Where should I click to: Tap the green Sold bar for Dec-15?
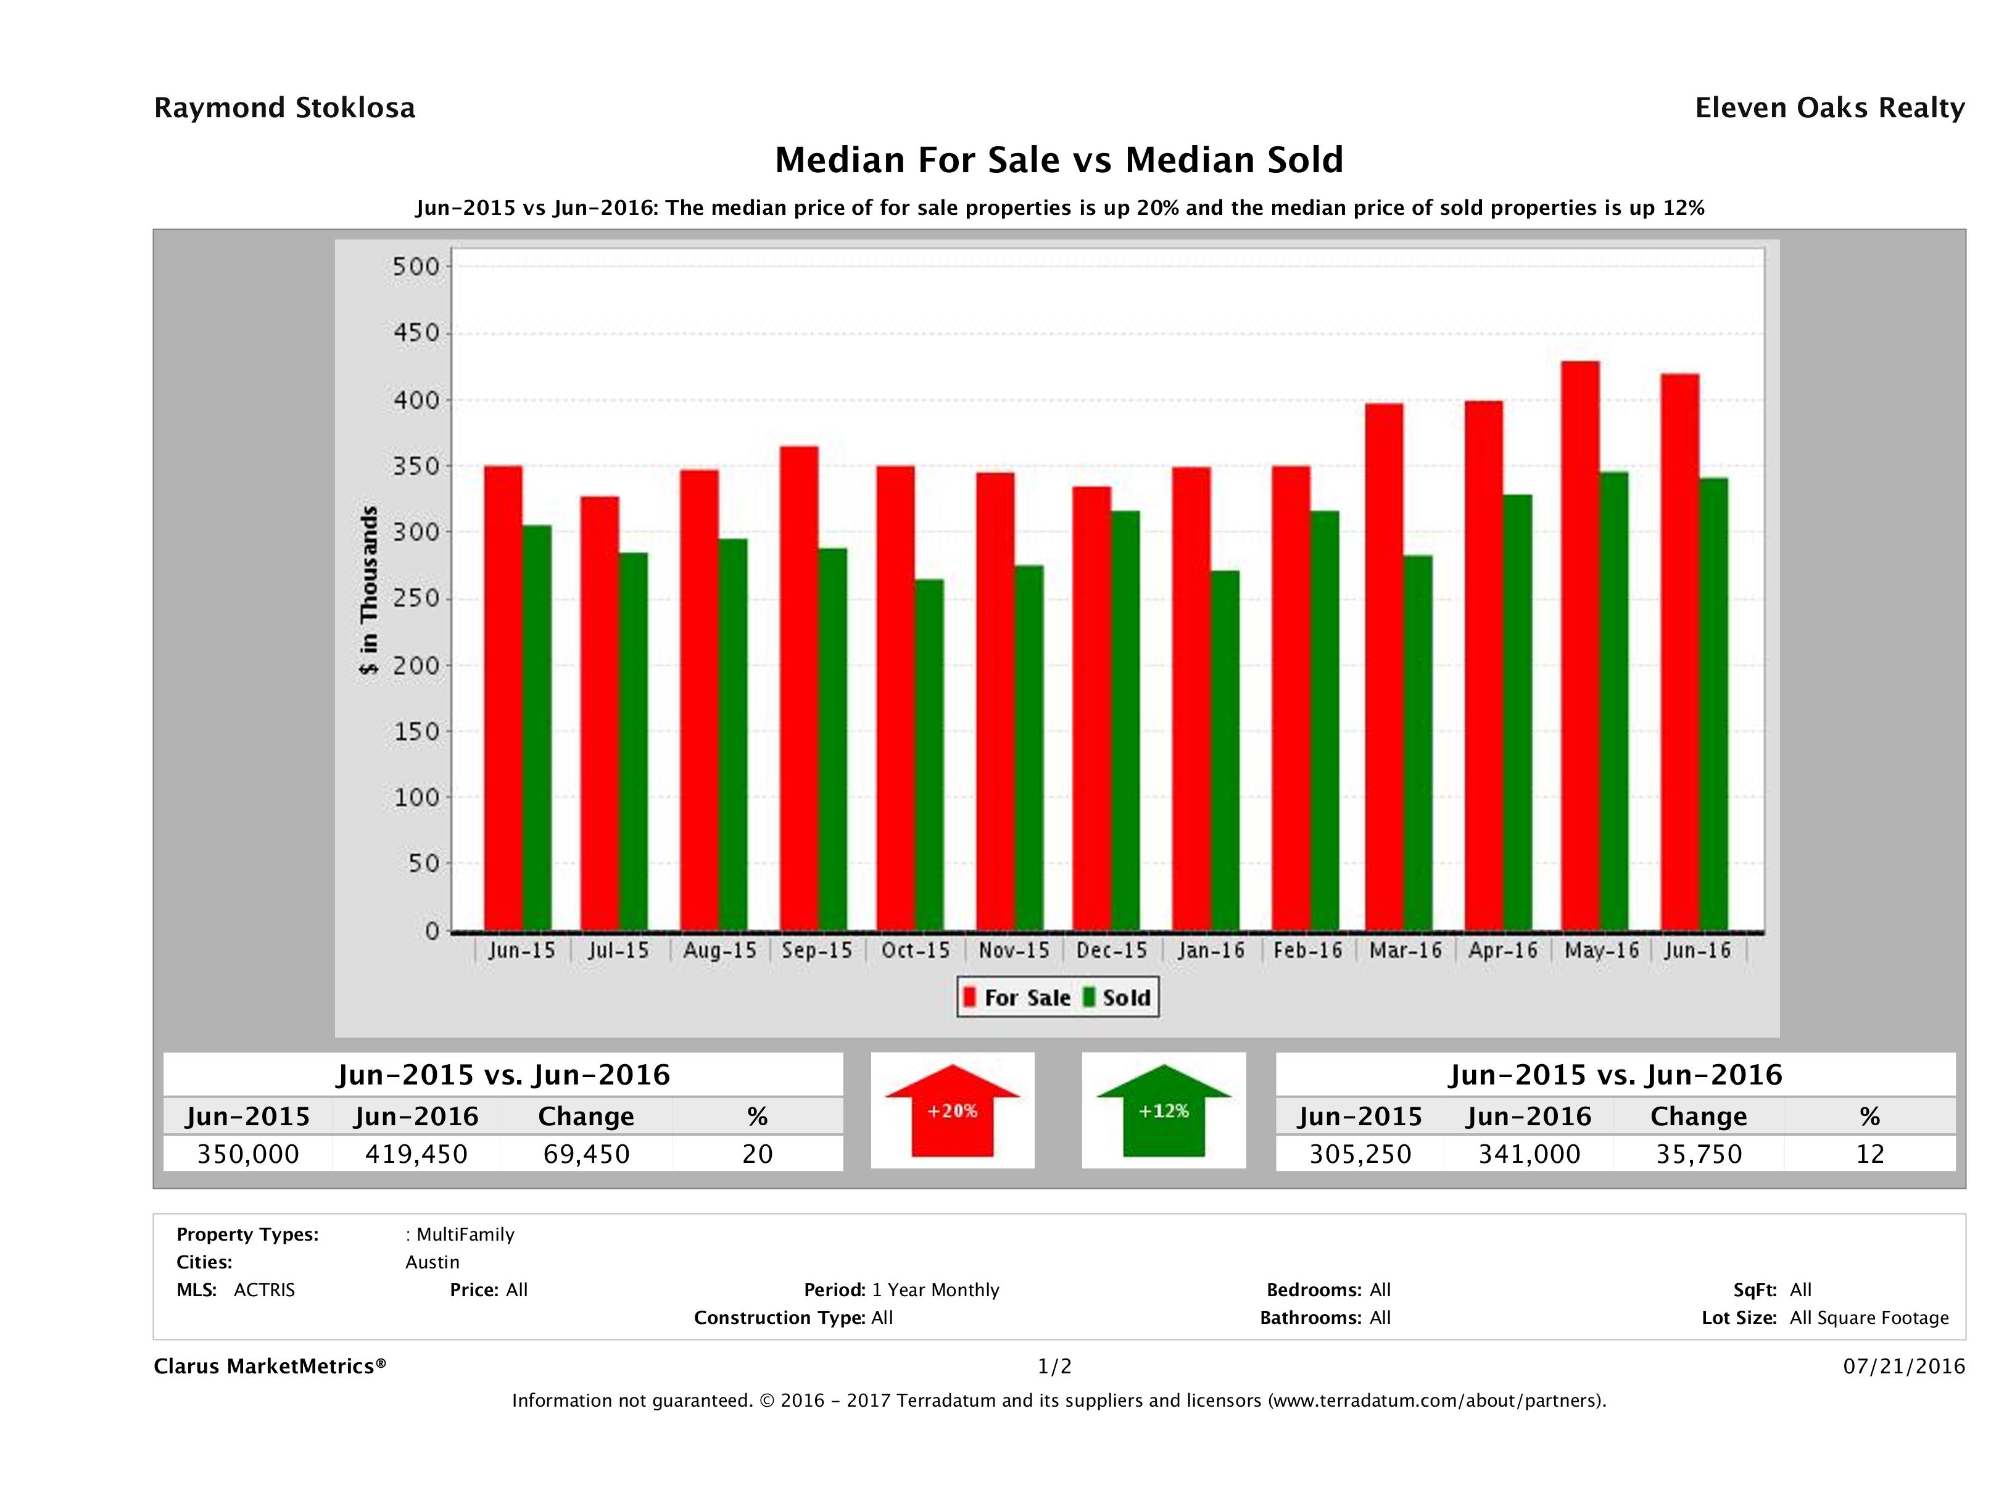click(1125, 720)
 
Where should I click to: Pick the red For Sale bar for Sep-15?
click(799, 689)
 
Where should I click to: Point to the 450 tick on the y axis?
click(416, 333)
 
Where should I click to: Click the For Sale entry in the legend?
click(1017, 997)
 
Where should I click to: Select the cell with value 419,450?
click(416, 1154)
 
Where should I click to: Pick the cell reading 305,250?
click(1360, 1154)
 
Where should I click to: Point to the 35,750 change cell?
click(1699, 1154)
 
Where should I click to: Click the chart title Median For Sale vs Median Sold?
click(1059, 160)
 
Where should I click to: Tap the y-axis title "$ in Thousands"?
click(369, 591)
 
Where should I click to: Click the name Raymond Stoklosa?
click(284, 108)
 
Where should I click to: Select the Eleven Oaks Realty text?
click(1829, 108)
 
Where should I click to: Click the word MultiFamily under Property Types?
click(465, 1234)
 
